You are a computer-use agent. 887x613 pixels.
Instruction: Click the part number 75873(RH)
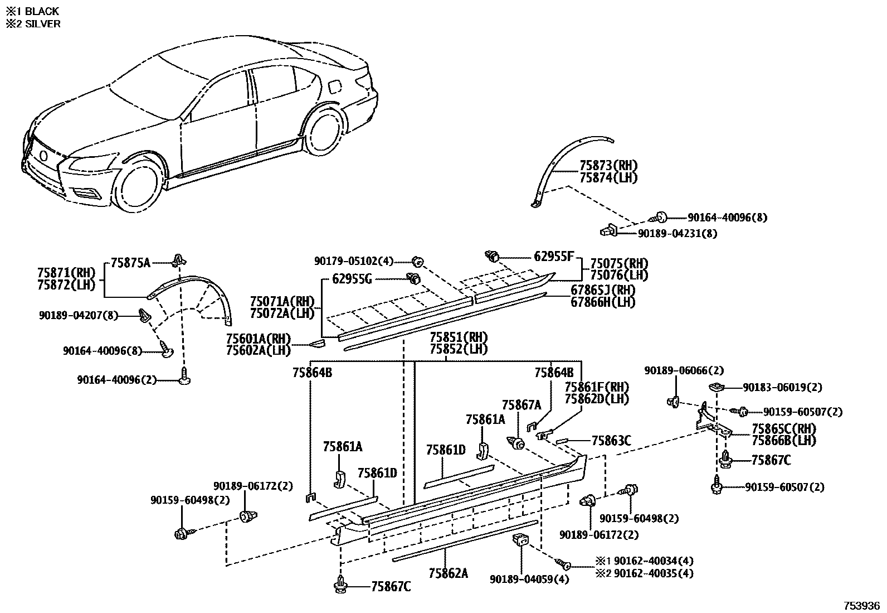point(608,166)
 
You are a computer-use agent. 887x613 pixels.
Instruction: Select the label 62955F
point(553,257)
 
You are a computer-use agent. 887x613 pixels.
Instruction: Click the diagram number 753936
point(861,606)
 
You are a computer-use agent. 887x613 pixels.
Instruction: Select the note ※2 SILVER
point(33,23)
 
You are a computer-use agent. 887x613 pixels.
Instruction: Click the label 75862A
point(449,573)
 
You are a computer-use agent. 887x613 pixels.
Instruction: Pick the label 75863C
point(611,441)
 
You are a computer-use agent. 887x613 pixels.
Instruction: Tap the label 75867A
point(522,405)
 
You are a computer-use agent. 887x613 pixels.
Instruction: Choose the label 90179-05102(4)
point(354,260)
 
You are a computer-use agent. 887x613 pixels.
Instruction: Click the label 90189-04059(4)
point(529,579)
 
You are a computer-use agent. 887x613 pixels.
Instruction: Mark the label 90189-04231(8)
point(678,234)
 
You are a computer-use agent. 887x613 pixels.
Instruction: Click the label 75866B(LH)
point(784,440)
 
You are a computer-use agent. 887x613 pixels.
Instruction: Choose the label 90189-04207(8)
point(79,315)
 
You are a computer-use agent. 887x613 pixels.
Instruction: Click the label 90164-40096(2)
point(118,380)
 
